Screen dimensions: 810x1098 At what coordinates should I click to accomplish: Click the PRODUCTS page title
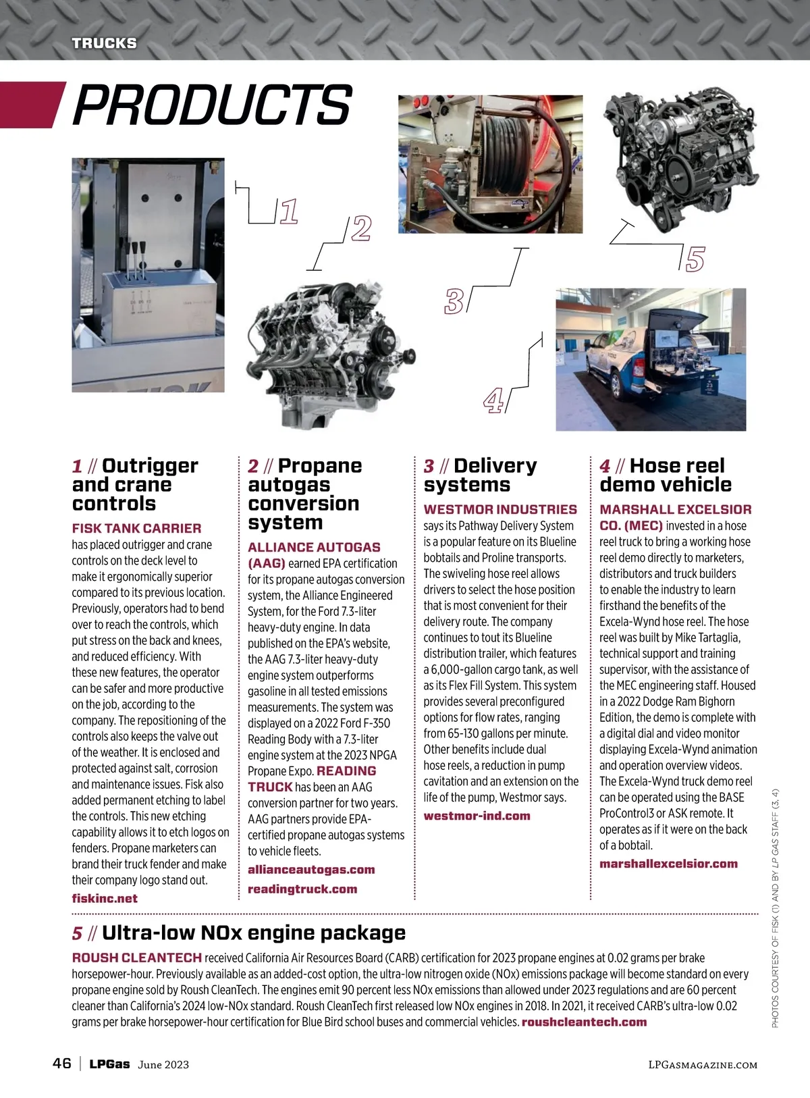pyautogui.click(x=212, y=105)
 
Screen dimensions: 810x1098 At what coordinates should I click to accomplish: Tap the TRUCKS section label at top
pyautogui.click(x=105, y=43)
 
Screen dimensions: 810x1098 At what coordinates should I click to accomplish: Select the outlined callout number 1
pyautogui.click(x=289, y=211)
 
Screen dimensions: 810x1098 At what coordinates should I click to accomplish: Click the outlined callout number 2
pyautogui.click(x=362, y=229)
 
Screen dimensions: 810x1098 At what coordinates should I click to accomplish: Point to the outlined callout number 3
pyautogui.click(x=454, y=301)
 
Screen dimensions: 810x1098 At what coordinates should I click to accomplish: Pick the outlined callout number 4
pyautogui.click(x=494, y=400)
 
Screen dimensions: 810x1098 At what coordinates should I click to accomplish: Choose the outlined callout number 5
pyautogui.click(x=695, y=259)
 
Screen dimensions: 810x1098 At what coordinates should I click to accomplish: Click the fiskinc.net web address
pyautogui.click(x=105, y=899)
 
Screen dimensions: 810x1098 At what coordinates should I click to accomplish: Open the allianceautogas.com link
pyautogui.click(x=311, y=870)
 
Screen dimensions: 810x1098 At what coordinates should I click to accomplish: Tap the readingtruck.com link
pyautogui.click(x=302, y=889)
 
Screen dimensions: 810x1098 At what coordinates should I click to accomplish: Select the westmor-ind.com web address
pyautogui.click(x=477, y=816)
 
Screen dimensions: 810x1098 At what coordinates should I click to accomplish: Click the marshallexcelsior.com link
pyautogui.click(x=668, y=864)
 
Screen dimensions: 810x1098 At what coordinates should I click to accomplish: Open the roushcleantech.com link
pyautogui.click(x=584, y=1022)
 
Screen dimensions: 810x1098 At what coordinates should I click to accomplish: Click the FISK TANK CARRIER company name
pyautogui.click(x=136, y=528)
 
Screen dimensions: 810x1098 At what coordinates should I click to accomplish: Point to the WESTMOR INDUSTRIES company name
pyautogui.click(x=500, y=509)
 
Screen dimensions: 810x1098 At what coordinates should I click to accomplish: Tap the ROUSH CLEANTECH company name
pyautogui.click(x=136, y=958)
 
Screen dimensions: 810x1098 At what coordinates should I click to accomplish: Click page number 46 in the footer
pyautogui.click(x=62, y=1064)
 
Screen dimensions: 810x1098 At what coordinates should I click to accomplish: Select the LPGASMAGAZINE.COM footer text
pyautogui.click(x=703, y=1064)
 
